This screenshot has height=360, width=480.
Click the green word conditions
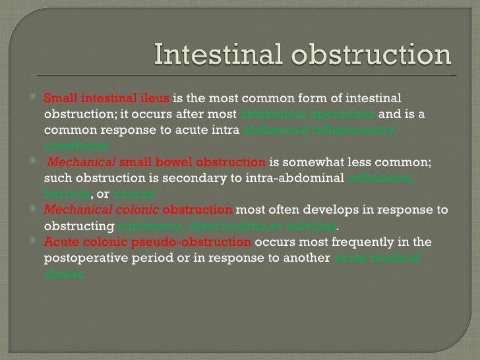click(x=76, y=145)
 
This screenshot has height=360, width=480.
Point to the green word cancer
click(x=134, y=194)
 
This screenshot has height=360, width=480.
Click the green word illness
click(x=65, y=273)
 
